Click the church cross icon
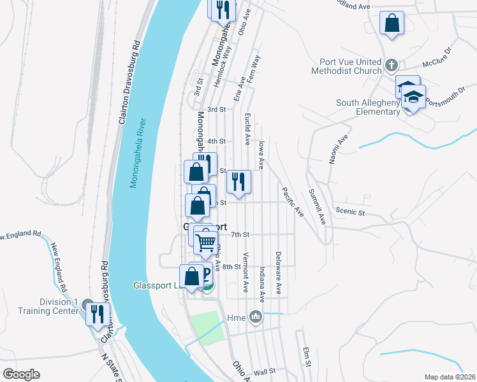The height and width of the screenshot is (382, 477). (x=392, y=65)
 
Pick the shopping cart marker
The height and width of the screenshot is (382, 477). (x=205, y=241)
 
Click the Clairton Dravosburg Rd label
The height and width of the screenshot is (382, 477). (x=128, y=82)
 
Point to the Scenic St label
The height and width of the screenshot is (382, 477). (x=349, y=211)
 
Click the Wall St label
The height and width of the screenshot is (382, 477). (x=263, y=371)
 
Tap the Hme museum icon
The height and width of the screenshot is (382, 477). (x=256, y=316)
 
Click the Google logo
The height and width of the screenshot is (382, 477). (x=22, y=374)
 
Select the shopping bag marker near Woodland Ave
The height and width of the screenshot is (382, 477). (x=392, y=24)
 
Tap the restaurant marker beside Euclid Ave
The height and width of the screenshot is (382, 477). (x=238, y=182)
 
